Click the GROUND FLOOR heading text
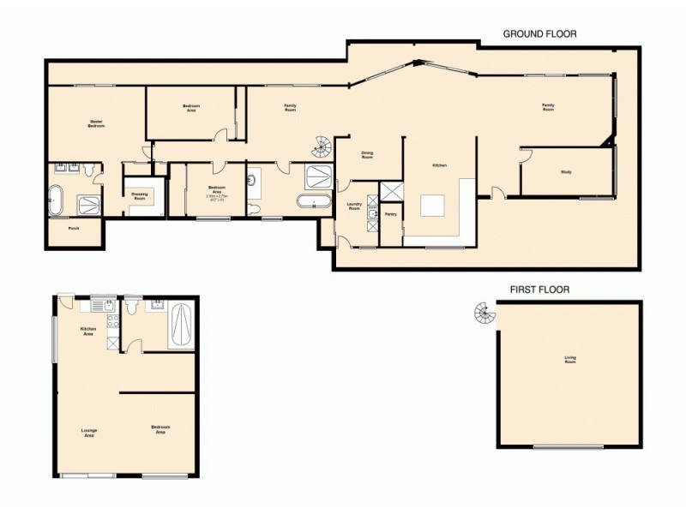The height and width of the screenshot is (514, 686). tap(539, 33)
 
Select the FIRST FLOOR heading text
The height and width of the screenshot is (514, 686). tap(539, 290)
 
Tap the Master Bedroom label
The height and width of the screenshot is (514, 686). tap(97, 124)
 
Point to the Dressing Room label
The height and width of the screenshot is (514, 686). tap(140, 195)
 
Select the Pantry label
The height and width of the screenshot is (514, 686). tap(389, 214)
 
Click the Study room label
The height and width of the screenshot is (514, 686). tap(566, 172)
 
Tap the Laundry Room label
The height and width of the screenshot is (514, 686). tap(352, 206)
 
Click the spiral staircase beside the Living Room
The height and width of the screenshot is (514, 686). tap(484, 316)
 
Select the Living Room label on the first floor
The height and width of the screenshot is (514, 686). tap(569, 361)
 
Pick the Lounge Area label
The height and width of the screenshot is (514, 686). tap(88, 433)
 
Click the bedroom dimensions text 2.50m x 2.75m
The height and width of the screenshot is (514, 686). tap(216, 196)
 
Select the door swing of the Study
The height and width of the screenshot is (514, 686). tap(525, 154)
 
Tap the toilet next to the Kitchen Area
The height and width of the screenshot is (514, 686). tap(131, 306)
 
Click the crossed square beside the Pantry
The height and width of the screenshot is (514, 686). tap(390, 191)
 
